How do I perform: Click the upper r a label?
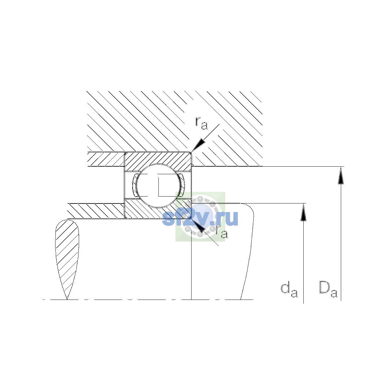tap(201, 123)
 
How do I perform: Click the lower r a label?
tap(222, 232)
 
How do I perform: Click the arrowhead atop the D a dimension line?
tap(341, 175)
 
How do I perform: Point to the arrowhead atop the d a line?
tap(303, 212)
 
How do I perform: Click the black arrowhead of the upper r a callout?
tap(198, 145)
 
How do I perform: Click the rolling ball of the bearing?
tap(158, 186)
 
